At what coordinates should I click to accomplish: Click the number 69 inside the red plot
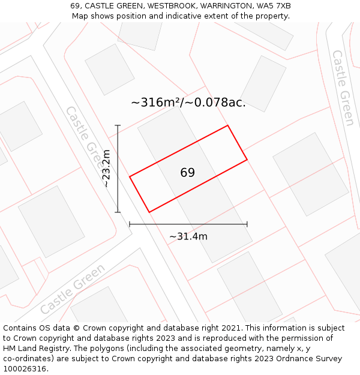(187, 173)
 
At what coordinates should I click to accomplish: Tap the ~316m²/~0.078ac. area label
(188, 103)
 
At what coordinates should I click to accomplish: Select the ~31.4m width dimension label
(188, 236)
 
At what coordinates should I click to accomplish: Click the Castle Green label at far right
(343, 88)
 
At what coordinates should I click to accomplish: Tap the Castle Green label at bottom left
(73, 289)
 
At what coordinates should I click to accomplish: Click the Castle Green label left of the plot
(85, 137)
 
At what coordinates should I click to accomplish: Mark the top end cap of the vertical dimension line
(118, 125)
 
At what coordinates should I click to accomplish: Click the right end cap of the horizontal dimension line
(247, 224)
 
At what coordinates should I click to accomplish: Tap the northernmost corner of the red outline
(227, 125)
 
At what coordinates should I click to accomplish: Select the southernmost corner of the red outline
(149, 212)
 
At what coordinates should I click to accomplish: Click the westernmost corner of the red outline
(130, 176)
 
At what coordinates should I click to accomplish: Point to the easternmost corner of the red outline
(247, 160)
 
